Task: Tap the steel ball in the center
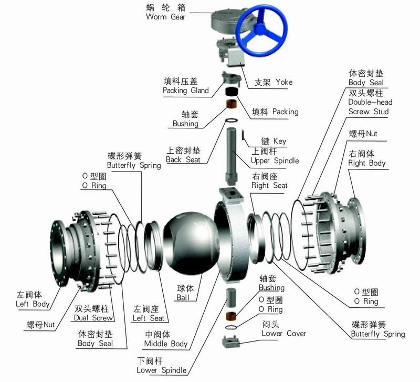point(190,244)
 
